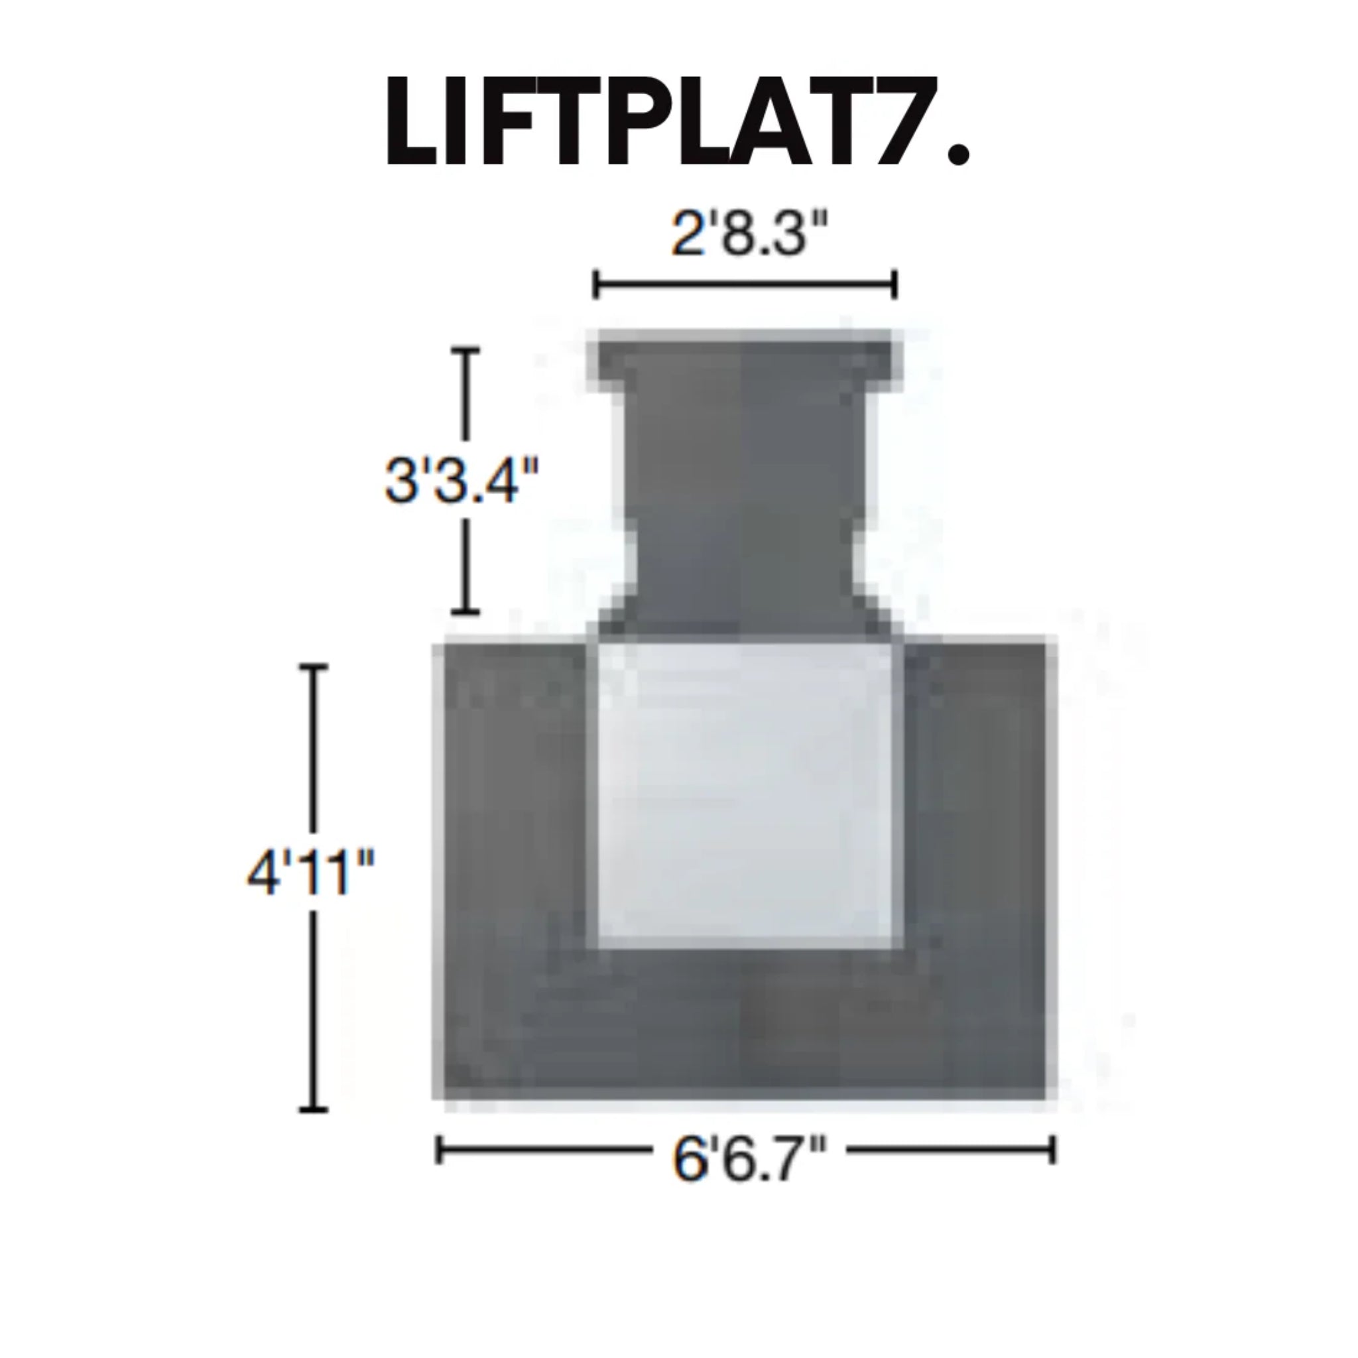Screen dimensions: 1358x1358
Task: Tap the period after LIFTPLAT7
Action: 958,153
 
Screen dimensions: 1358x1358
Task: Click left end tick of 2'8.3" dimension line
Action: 596,285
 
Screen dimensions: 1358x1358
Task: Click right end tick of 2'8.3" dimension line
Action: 895,285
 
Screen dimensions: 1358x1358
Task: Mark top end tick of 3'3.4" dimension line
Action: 465,349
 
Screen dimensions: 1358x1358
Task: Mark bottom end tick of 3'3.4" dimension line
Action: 465,611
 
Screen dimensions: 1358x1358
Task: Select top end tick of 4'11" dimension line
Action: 314,666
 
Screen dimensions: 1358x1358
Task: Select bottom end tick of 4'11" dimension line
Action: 314,1109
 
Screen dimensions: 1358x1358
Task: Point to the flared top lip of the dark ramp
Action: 745,359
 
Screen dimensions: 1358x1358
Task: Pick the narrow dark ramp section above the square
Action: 745,506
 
